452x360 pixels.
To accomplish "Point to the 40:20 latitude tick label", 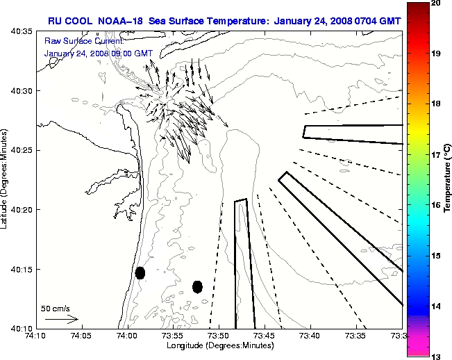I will click(x=23, y=210).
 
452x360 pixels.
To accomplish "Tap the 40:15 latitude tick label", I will click(x=23, y=269).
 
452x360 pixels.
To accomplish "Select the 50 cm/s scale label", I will click(x=56, y=308).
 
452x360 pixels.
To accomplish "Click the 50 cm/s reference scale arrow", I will click(x=61, y=319).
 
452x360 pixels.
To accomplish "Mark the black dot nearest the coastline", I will click(x=140, y=272).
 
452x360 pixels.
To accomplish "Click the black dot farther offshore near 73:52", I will click(x=197, y=286).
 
